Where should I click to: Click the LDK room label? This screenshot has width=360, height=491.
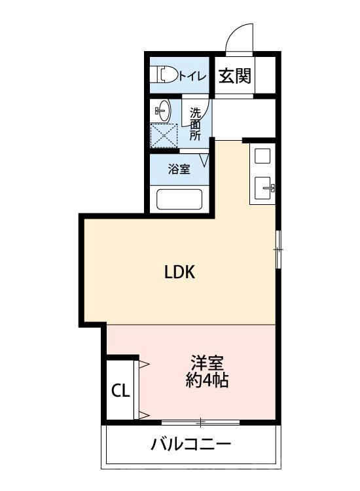click(179, 273)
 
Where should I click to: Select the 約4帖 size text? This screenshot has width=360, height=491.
click(207, 380)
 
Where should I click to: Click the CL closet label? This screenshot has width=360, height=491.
click(121, 391)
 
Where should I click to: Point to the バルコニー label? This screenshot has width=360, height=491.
click(191, 446)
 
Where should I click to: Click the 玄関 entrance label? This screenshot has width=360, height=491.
click(234, 76)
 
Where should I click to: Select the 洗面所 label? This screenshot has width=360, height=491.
click(196, 124)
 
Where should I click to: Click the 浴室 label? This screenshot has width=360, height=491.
click(179, 169)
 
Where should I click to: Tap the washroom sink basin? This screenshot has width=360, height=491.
click(163, 111)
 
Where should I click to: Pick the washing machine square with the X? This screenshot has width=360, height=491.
click(164, 136)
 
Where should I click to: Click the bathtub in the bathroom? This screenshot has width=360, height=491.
click(179, 199)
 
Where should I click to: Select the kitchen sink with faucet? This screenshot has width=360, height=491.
click(264, 188)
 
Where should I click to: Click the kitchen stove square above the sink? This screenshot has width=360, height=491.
click(262, 157)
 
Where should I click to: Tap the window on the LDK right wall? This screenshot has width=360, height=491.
click(278, 248)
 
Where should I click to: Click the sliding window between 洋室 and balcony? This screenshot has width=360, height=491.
click(201, 422)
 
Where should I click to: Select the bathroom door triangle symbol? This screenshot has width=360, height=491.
click(206, 159)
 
